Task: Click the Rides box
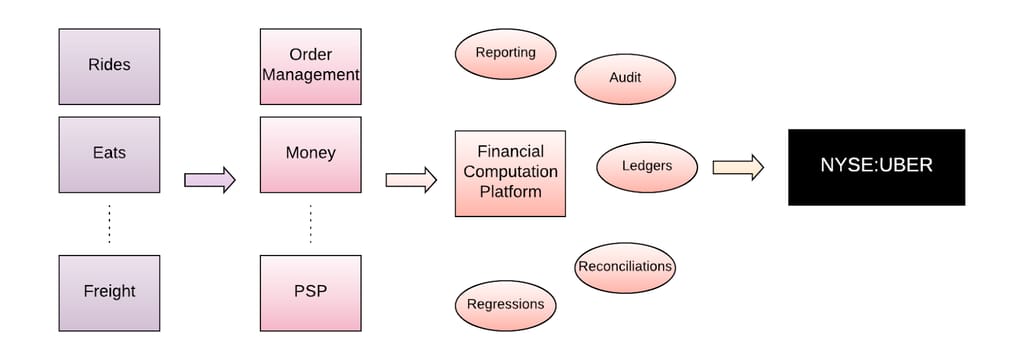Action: [x=109, y=66]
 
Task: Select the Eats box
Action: [x=109, y=154]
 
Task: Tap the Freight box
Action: [x=109, y=292]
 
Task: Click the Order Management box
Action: [x=310, y=66]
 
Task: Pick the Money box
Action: [x=310, y=154]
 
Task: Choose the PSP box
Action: [x=310, y=292]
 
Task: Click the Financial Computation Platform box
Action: [x=510, y=173]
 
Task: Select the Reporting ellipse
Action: [x=505, y=53]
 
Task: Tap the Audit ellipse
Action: [x=625, y=78]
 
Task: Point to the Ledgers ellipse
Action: [x=647, y=166]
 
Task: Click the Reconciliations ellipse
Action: [x=625, y=267]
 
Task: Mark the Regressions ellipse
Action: [x=505, y=304]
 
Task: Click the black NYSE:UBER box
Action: [x=876, y=167]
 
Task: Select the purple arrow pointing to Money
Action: [x=210, y=180]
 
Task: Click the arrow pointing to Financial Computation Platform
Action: [x=411, y=180]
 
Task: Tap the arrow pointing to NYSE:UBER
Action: [x=738, y=167]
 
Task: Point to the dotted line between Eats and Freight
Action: [x=109, y=224]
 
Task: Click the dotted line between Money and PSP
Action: [x=310, y=224]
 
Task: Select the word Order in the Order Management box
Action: [x=310, y=54]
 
